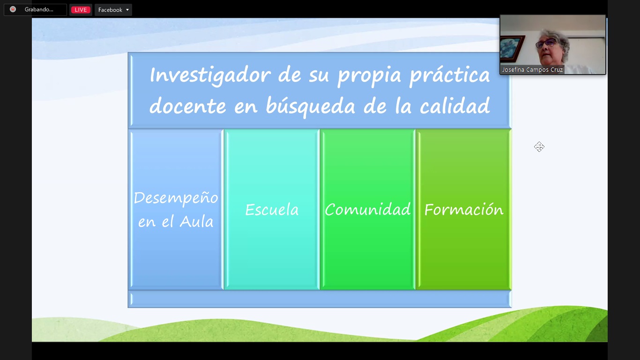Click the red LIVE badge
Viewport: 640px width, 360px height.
point(81,10)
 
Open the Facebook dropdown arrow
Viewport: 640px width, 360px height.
point(127,10)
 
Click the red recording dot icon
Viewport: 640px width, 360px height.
point(13,9)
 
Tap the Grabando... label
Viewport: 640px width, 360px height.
point(39,9)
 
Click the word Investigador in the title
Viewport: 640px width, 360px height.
point(210,75)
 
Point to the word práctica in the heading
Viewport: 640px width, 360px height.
point(450,75)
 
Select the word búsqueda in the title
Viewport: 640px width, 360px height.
point(310,106)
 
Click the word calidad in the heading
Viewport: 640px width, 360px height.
point(455,105)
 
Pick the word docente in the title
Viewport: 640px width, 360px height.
point(188,106)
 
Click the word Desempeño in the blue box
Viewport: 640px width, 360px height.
point(176,198)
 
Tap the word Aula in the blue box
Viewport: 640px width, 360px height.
point(196,222)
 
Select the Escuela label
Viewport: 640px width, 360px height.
point(272,210)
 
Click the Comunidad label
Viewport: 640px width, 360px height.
point(367,209)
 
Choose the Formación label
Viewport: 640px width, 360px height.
point(463,210)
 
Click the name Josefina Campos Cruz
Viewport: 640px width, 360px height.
point(532,69)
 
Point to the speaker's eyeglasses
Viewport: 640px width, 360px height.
point(546,43)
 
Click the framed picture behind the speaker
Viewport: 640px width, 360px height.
point(512,48)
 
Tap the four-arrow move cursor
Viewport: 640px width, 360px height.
point(539,147)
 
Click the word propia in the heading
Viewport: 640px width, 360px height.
point(369,76)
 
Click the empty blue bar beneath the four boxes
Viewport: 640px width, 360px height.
point(320,299)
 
